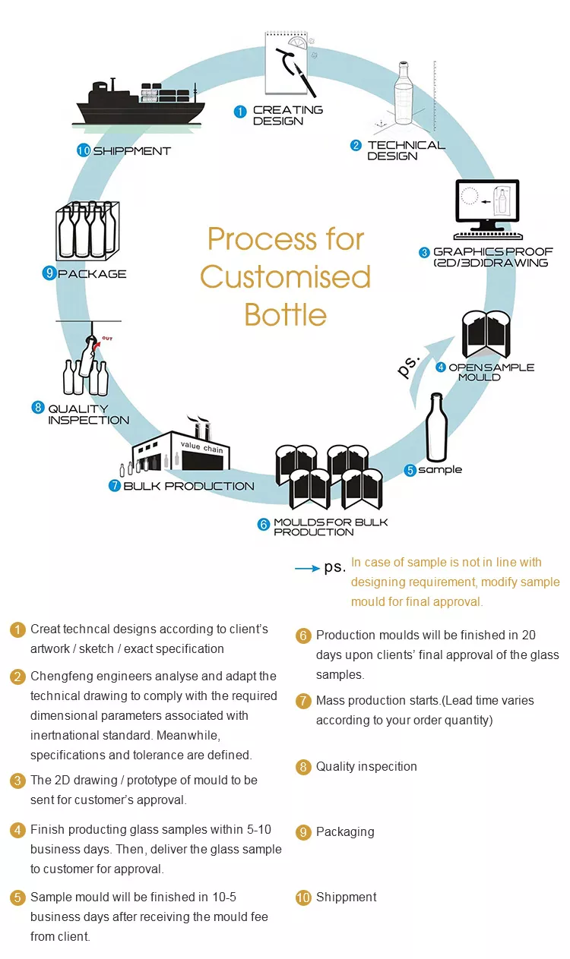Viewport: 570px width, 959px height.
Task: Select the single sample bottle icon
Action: tap(435, 429)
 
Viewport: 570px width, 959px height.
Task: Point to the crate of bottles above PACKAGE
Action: tap(87, 231)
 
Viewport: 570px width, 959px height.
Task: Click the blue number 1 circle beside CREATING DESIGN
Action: tap(240, 112)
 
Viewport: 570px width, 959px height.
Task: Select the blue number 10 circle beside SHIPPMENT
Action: tap(84, 150)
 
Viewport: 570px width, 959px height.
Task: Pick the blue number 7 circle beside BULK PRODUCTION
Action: tap(115, 486)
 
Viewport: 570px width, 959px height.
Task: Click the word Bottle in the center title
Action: tap(285, 314)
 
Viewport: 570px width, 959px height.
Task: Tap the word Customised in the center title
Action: tap(285, 276)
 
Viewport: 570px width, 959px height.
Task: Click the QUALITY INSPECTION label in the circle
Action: tap(88, 414)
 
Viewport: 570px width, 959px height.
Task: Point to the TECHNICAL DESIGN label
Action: tap(405, 150)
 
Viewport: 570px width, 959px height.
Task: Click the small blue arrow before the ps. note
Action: tap(306, 568)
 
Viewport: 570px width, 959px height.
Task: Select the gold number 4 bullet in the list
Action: tap(17, 830)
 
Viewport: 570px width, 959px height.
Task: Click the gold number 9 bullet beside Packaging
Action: tap(303, 832)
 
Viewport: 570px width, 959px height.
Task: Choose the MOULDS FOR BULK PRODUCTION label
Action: tap(331, 527)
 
